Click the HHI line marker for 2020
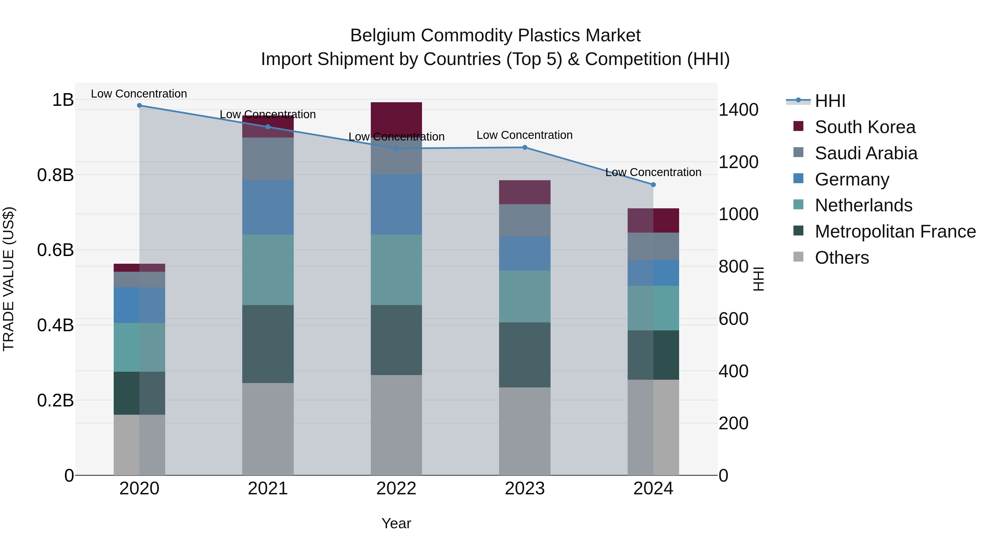tap(139, 106)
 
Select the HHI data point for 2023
tap(525, 147)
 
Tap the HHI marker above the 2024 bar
tap(653, 185)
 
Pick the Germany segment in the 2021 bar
tap(268, 207)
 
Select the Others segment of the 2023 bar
tap(525, 431)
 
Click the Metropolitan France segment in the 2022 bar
tap(396, 340)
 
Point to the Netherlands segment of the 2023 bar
tap(525, 296)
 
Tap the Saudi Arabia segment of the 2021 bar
tap(268, 159)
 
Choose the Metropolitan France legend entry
tap(895, 231)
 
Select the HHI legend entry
tap(830, 101)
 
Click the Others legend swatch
tap(798, 257)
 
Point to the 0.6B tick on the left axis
tap(55, 250)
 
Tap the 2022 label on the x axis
tap(396, 489)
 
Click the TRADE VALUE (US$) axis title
tap(9, 279)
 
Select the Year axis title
tap(396, 523)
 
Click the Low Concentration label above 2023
tap(525, 135)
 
